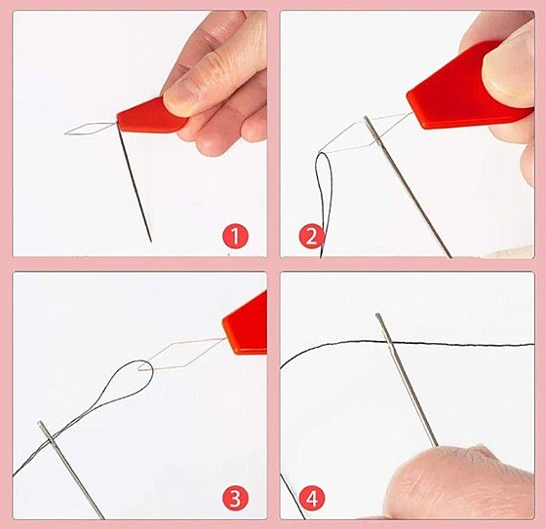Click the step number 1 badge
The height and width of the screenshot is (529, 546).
(235, 237)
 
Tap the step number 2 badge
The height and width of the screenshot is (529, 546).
(312, 237)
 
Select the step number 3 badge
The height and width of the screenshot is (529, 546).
(235, 498)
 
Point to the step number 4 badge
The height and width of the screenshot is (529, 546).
(312, 498)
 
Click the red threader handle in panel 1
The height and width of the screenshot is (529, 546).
(150, 117)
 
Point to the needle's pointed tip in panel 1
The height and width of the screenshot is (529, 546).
(151, 242)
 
